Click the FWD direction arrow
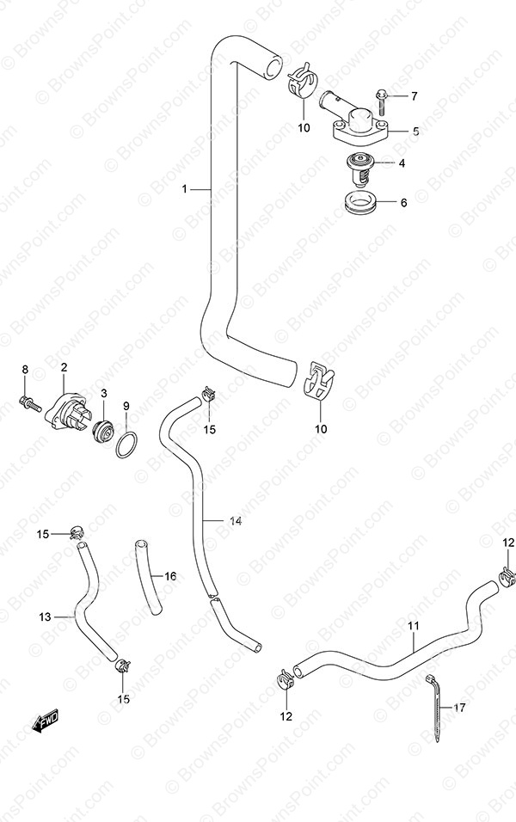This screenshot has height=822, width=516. [x=46, y=721]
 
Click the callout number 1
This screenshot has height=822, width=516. [x=185, y=188]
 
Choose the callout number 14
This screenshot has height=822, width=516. [x=235, y=522]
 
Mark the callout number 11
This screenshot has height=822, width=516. [x=413, y=626]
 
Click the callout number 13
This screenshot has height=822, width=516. [x=45, y=616]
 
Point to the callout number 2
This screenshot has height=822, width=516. [x=64, y=367]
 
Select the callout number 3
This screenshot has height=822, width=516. [x=104, y=393]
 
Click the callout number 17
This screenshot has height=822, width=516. [x=459, y=708]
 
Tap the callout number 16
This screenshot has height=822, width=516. [x=170, y=577]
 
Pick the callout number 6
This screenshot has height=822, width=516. [x=404, y=202]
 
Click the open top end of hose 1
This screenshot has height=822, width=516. [x=273, y=68]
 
